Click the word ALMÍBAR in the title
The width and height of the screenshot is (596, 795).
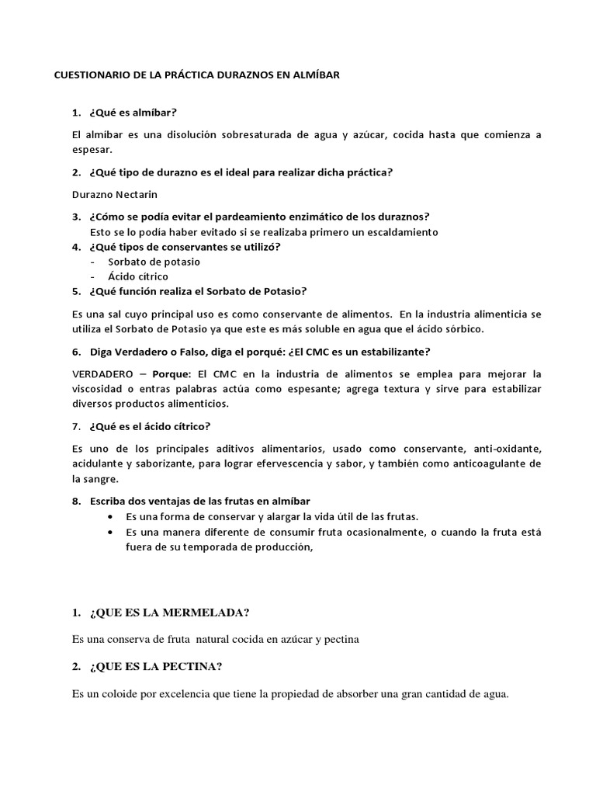tap(314, 76)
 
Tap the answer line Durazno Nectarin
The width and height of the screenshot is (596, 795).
tap(109, 194)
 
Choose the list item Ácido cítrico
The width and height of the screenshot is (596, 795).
tap(138, 276)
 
